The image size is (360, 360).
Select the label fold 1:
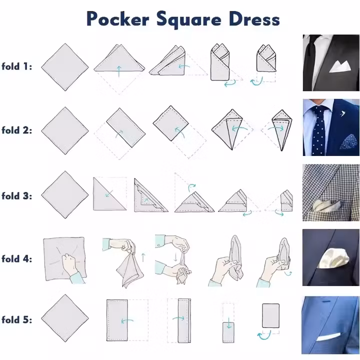coord(16,66)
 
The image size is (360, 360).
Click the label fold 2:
coord(16,130)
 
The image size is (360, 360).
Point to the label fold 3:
coord(16,195)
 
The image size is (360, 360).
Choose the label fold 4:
coord(16,259)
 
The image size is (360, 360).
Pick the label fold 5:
coord(16,319)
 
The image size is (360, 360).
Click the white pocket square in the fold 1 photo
coord(340,65)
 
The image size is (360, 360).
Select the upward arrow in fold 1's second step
coord(118,70)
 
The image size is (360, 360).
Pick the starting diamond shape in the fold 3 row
coord(64,194)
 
